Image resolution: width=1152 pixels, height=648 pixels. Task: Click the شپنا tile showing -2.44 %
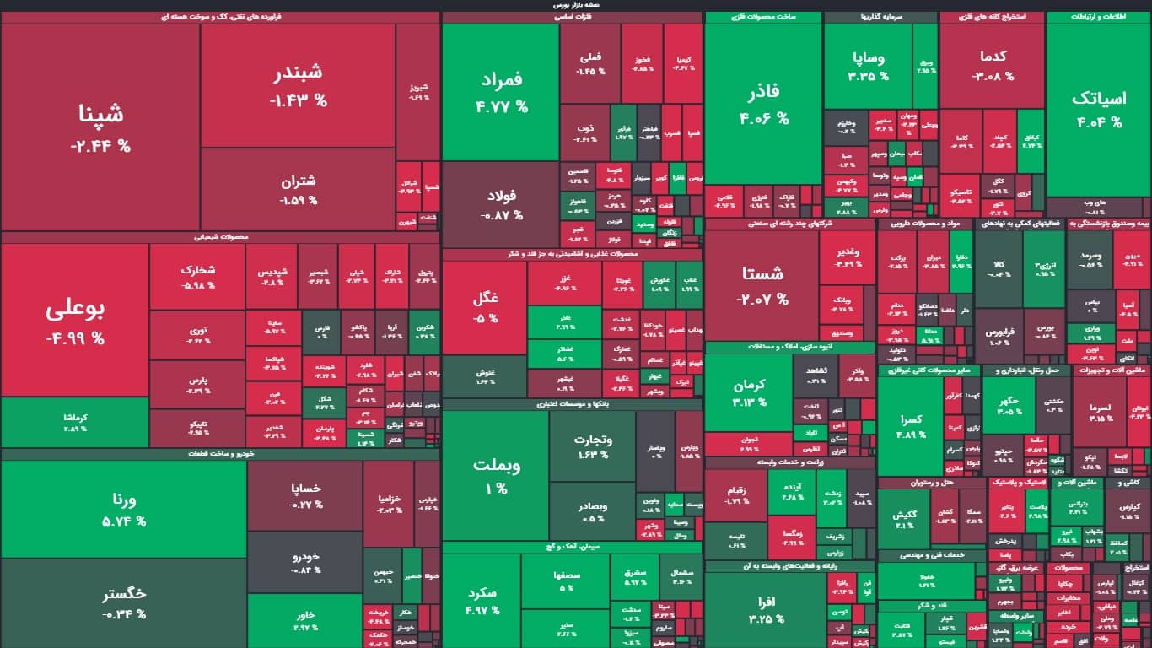[100, 127]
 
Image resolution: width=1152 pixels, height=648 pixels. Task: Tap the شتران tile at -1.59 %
[298, 190]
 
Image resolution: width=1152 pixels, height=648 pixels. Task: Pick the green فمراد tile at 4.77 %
[500, 92]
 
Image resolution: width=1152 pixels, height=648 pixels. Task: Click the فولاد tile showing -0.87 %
[500, 205]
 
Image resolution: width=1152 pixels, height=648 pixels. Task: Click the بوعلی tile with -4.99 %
[75, 321]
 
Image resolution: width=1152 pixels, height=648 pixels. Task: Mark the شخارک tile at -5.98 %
[197, 277]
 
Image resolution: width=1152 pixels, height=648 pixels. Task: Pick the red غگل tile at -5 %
[485, 307]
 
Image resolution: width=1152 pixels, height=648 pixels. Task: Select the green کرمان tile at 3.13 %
[748, 392]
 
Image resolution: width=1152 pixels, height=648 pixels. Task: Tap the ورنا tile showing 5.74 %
[123, 509]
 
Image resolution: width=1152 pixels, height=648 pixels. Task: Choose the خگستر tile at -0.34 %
[123, 602]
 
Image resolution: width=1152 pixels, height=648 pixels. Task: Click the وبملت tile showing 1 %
[495, 474]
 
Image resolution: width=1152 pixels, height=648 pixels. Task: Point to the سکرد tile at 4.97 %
[482, 599]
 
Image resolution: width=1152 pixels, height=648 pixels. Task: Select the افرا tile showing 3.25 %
[765, 608]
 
